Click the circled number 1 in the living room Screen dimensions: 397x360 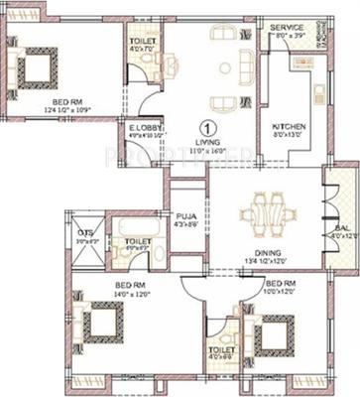coord(206,129)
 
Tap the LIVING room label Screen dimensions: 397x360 coord(206,144)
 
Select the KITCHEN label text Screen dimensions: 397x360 coord(289,128)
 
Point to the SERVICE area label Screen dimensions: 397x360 coord(288,27)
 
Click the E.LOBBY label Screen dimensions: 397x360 coord(139,127)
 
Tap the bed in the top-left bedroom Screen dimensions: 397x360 coord(37,68)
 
